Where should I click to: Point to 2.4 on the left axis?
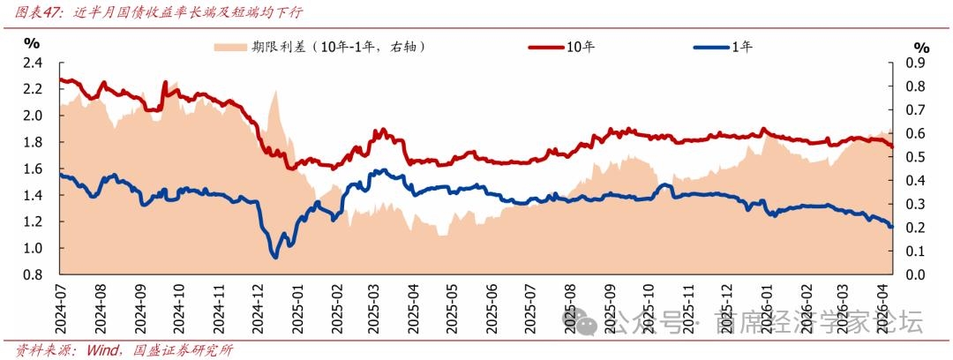(x=33, y=63)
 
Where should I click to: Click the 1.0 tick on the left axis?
(x=33, y=249)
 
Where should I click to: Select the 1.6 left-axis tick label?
(x=33, y=169)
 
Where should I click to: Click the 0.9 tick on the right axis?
(x=917, y=63)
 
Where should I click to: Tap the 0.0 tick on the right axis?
(x=917, y=275)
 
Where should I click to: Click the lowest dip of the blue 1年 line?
(x=275, y=257)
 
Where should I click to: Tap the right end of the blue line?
(x=891, y=227)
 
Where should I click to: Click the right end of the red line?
(x=892, y=146)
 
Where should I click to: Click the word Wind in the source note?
(x=101, y=349)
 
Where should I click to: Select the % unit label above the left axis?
(x=32, y=42)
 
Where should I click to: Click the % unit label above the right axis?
(x=921, y=47)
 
